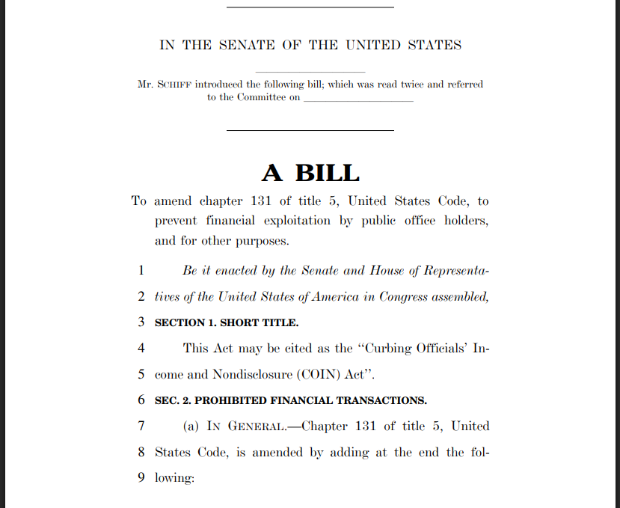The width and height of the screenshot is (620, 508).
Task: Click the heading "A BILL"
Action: click(310, 173)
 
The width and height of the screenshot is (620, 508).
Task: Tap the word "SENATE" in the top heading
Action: click(247, 45)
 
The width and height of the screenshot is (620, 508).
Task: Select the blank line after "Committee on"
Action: click(358, 99)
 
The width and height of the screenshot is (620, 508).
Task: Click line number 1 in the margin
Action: click(141, 270)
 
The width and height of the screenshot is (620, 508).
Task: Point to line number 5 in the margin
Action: click(141, 374)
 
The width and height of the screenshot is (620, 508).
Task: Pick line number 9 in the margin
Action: click(141, 477)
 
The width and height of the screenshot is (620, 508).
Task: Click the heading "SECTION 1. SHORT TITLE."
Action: click(227, 322)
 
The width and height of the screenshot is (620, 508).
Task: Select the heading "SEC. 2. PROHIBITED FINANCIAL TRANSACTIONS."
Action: click(291, 400)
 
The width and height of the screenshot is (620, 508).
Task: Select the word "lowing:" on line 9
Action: click(174, 477)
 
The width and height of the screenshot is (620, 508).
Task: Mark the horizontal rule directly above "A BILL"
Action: click(310, 131)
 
